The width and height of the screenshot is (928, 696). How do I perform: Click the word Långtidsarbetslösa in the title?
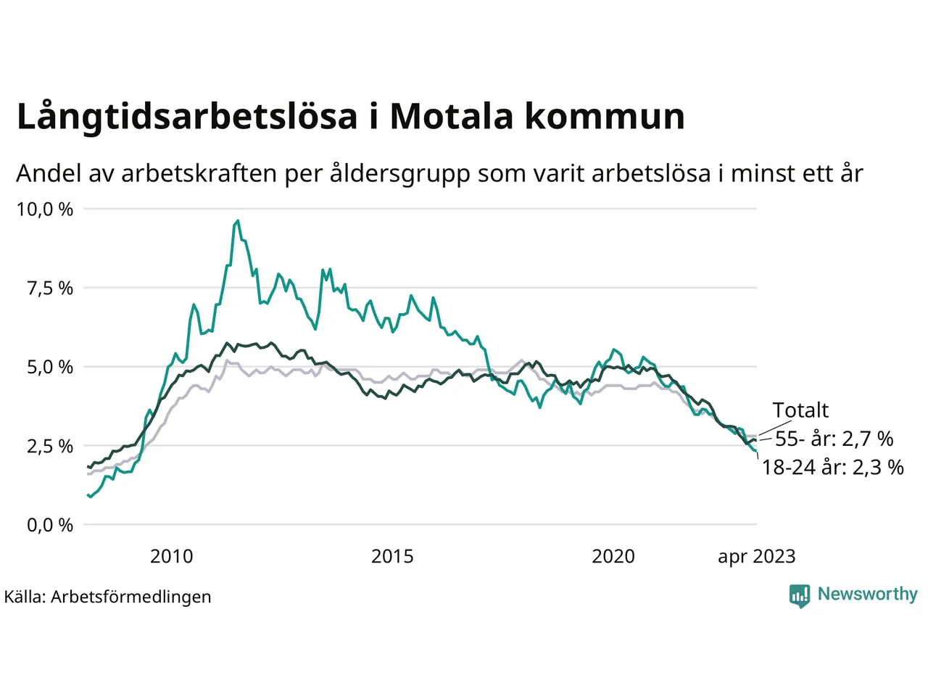(x=187, y=117)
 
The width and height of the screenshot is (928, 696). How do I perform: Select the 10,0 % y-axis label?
(x=45, y=210)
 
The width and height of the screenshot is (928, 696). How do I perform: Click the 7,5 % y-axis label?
(x=50, y=289)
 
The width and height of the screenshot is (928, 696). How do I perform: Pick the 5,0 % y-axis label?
(x=50, y=368)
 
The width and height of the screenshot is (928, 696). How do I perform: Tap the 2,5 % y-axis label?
(x=50, y=447)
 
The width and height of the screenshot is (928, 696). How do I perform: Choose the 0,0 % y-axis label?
(x=50, y=525)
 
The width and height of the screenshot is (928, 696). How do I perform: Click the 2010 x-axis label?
(x=171, y=557)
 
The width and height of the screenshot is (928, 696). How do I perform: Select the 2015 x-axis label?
(x=392, y=557)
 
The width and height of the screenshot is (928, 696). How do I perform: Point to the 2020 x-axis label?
(x=613, y=557)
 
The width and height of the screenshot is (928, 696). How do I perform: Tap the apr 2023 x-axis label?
(x=756, y=557)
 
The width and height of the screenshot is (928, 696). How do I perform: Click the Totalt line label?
(x=800, y=410)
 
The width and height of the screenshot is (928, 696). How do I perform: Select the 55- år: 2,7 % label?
(x=834, y=439)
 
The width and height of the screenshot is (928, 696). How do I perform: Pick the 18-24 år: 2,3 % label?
(x=832, y=468)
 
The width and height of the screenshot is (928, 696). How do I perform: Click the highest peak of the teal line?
(x=238, y=221)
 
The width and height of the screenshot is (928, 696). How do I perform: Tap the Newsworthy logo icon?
(x=799, y=595)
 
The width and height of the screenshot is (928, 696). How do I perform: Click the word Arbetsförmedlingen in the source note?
(x=131, y=597)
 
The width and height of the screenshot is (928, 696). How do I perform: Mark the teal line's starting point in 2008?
(x=88, y=495)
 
